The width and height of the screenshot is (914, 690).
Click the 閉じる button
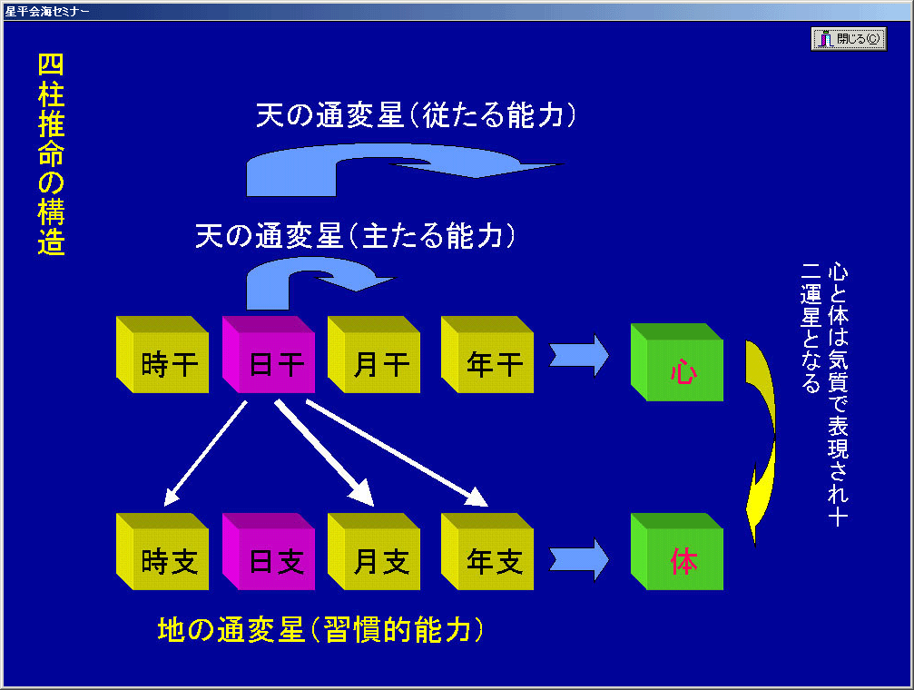coord(849,39)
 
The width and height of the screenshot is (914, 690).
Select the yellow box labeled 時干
coord(162,355)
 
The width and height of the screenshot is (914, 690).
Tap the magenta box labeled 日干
coord(269,355)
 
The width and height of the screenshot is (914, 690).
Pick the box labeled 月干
coord(374,355)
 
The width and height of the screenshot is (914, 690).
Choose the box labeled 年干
coord(487,355)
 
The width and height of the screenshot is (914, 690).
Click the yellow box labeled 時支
coord(162,552)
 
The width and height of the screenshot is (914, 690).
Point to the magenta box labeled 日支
coord(269,552)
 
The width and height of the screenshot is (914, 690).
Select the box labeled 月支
coord(374,552)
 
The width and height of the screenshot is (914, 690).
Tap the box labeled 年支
coord(487,552)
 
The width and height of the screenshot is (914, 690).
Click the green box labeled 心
coord(677,362)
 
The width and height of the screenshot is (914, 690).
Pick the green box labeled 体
coord(677,552)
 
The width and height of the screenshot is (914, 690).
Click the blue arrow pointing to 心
coord(579,355)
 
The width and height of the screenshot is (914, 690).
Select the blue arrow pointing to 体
coord(579,560)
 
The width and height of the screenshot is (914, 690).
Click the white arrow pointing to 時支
coord(205,453)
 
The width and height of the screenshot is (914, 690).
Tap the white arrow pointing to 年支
coord(397,453)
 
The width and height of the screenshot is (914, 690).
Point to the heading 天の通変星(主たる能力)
coord(356,236)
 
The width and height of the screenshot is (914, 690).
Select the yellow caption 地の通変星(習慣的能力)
coord(320,630)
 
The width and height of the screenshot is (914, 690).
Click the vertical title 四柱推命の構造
coord(52,154)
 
